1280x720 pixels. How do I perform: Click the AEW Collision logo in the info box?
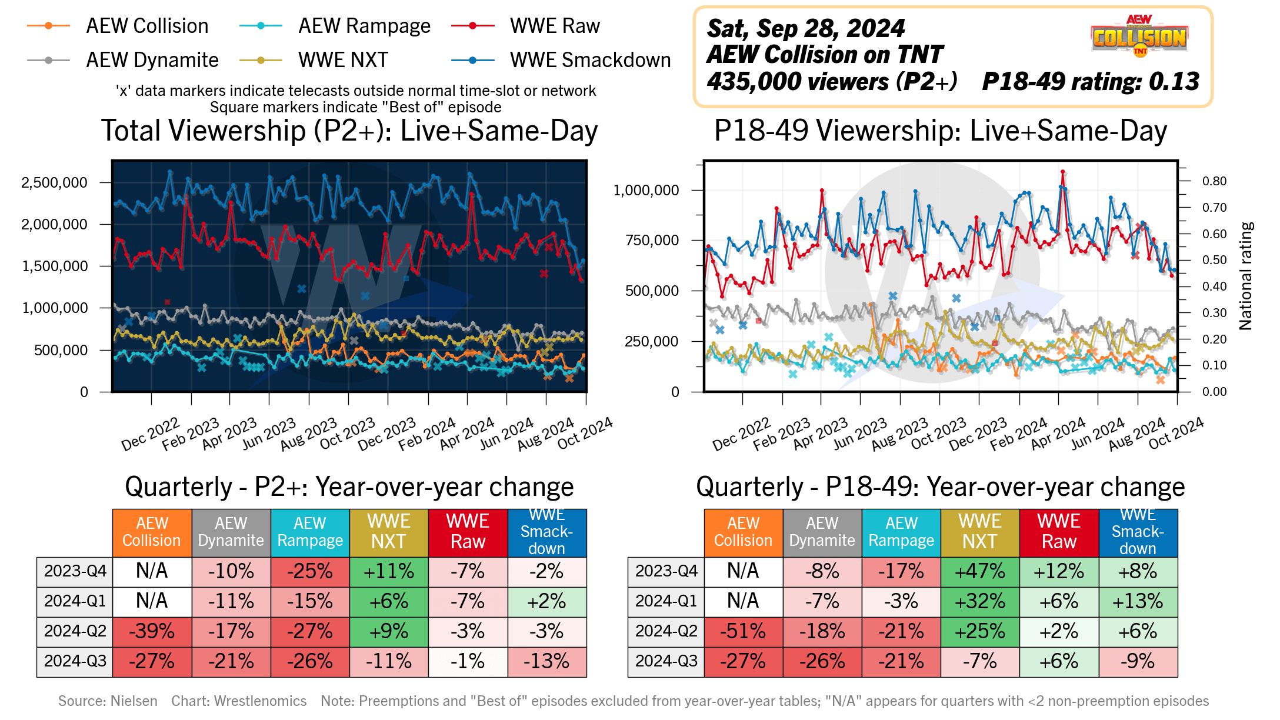point(1139,36)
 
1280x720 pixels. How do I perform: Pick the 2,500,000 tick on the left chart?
point(54,182)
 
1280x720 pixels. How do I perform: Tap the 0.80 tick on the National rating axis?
point(1214,181)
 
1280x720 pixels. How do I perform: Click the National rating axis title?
point(1246,275)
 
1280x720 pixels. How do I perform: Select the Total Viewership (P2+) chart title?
point(349,131)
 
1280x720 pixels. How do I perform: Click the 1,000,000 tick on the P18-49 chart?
point(646,190)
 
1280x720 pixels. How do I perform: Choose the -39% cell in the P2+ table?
point(152,631)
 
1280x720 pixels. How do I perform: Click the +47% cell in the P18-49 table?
point(980,571)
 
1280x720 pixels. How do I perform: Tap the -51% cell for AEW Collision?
point(744,631)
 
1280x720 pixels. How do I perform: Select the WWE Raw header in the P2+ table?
point(468,532)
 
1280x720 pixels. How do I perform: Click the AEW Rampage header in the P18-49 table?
point(901,532)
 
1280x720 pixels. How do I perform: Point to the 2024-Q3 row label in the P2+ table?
point(75,661)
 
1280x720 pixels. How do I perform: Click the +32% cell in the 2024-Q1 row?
point(980,601)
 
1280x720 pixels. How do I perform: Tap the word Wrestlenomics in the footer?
point(260,701)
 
